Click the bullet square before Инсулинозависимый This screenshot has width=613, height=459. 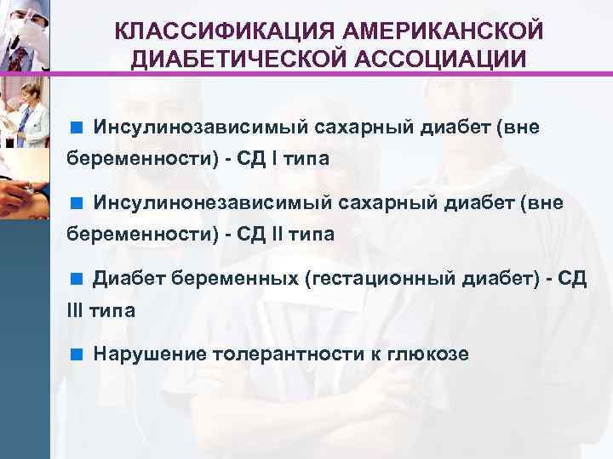[76, 128]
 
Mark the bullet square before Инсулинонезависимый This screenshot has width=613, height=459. [76, 203]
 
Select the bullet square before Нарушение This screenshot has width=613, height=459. [76, 353]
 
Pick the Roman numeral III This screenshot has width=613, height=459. [75, 309]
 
